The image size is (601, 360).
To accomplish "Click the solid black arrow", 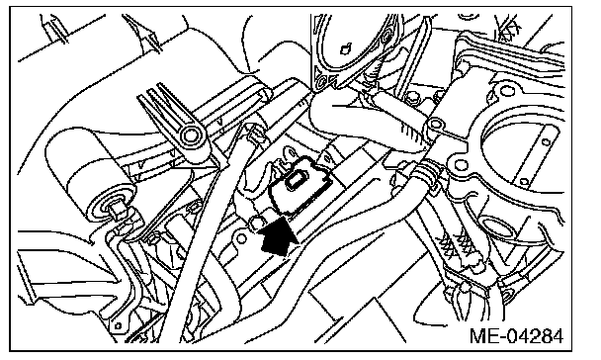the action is (278, 237).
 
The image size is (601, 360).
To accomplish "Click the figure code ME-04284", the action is (516, 336).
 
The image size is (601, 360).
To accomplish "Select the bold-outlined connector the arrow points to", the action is (300, 183).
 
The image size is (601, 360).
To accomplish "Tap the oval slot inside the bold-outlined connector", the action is (297, 179).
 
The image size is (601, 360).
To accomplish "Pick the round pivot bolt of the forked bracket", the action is (190, 135).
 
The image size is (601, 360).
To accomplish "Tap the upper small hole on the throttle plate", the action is (546, 142).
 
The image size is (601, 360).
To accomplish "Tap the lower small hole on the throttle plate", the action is (525, 182).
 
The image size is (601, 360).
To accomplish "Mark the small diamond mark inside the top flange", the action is (346, 48).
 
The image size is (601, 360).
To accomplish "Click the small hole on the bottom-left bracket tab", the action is (118, 325).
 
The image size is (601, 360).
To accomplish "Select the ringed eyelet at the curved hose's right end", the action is (434, 124).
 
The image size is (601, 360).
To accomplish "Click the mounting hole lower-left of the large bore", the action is (460, 165).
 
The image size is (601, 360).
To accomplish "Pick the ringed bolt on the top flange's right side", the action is (386, 38).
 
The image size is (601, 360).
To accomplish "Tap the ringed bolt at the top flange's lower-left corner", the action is (321, 81).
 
